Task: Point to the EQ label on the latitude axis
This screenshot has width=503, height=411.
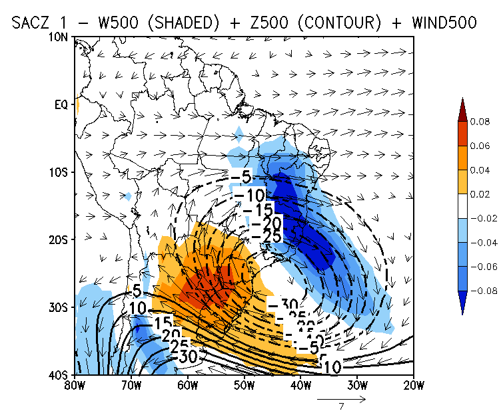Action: click(x=61, y=104)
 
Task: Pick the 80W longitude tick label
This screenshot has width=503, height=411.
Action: click(x=75, y=385)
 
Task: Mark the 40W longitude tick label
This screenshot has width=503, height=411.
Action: click(x=301, y=385)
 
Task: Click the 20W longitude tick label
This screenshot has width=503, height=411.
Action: click(x=414, y=385)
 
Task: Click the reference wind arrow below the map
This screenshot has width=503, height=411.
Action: click(x=341, y=399)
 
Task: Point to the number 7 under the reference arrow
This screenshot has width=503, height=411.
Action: click(x=341, y=406)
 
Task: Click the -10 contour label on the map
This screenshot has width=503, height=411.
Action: click(x=250, y=195)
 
